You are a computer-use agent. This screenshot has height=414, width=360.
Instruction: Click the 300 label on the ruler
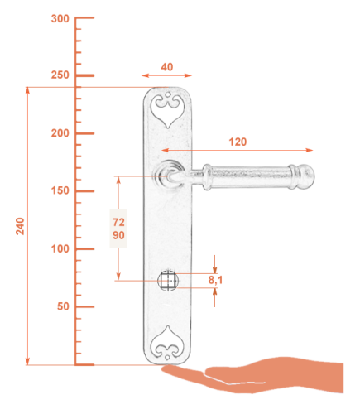[60, 19]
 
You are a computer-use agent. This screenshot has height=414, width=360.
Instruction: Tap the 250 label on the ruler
[60, 75]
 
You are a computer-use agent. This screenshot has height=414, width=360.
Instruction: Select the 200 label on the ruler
[60, 133]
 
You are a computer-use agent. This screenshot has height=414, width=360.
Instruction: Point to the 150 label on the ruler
[60, 190]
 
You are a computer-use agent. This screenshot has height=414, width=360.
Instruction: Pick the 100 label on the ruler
[60, 248]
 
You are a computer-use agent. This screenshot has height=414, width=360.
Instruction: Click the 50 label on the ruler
[63, 306]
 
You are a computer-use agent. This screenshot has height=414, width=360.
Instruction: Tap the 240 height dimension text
[20, 226]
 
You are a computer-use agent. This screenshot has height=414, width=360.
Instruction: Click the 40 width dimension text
[167, 67]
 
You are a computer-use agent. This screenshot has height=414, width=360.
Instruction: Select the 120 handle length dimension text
[238, 142]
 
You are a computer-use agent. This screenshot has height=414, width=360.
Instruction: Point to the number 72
[118, 222]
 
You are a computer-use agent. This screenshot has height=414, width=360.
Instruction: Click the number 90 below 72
[118, 235]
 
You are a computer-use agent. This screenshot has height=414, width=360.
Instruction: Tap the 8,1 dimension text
[215, 280]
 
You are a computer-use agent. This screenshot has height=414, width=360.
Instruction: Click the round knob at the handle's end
[307, 176]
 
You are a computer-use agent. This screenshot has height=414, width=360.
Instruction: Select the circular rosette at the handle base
[169, 175]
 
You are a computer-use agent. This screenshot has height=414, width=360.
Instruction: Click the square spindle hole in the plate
[168, 281]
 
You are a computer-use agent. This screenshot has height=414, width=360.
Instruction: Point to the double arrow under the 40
[166, 75]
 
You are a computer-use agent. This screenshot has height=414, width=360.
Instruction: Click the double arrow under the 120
[238, 150]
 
